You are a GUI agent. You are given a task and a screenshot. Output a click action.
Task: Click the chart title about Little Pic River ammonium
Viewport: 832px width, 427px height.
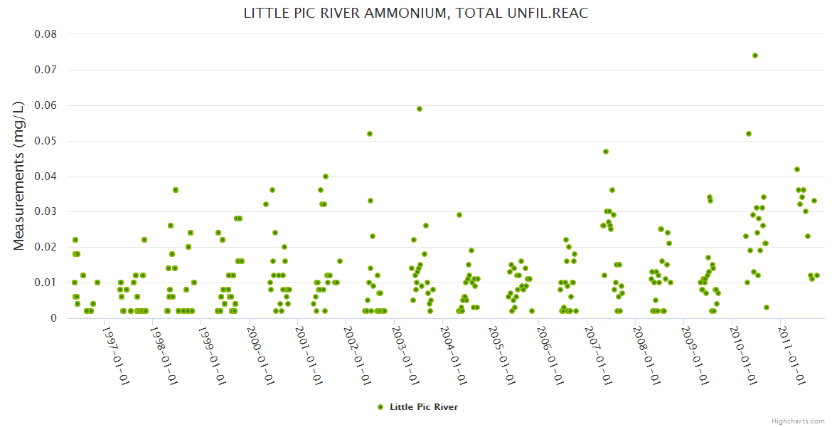click(x=416, y=14)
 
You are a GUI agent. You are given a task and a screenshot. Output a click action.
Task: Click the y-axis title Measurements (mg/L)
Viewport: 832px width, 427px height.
click(x=19, y=175)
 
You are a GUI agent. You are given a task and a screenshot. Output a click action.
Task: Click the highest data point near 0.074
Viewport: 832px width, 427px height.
click(x=755, y=56)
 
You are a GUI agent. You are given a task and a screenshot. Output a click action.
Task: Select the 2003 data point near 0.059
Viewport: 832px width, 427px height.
click(x=420, y=109)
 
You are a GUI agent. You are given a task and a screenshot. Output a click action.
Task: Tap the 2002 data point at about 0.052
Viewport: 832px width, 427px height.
click(x=370, y=134)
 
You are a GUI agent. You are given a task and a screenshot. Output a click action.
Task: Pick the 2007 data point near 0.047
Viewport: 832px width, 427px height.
click(x=606, y=152)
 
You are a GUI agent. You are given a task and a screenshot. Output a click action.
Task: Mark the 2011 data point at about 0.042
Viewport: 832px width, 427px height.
click(x=797, y=169)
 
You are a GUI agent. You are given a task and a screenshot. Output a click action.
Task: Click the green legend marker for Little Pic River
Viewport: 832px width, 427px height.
click(x=380, y=407)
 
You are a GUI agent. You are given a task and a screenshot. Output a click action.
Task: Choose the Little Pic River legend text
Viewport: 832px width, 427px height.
click(x=424, y=407)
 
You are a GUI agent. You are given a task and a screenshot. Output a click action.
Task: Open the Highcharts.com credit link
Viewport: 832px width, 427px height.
click(x=798, y=421)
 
